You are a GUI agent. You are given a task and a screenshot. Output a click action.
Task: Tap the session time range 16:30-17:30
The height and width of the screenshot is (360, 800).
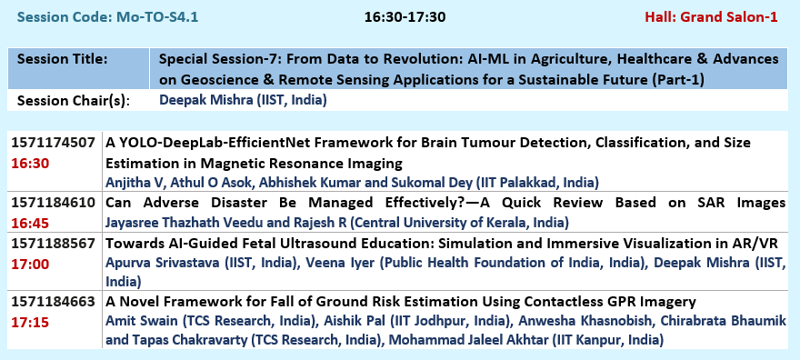click(x=405, y=17)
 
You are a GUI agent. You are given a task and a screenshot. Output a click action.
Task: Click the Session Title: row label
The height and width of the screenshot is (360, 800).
click(x=62, y=59)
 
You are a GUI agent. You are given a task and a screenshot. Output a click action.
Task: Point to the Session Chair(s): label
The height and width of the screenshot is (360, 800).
click(x=74, y=100)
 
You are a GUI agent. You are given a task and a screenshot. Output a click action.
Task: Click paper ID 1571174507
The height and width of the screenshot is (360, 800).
click(x=53, y=143)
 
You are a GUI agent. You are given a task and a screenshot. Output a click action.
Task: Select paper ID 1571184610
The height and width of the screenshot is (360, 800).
click(x=53, y=203)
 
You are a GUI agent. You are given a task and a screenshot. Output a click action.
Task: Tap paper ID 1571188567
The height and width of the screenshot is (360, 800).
click(x=53, y=244)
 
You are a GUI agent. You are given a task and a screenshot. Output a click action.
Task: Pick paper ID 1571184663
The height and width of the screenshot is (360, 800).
click(x=53, y=302)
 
